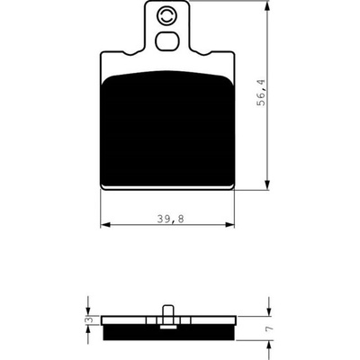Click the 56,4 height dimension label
tap(261, 92)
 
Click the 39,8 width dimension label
tap(171, 220)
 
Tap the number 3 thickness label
tap(89, 320)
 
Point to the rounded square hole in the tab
tap(167, 40)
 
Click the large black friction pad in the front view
tap(167, 129)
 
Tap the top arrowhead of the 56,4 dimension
tap(267, 5)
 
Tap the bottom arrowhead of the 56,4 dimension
tap(267, 184)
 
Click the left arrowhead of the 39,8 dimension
tap(105, 224)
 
